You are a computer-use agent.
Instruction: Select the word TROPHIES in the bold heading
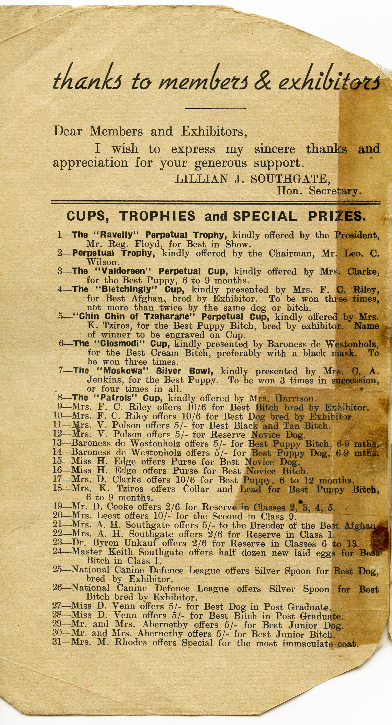157,216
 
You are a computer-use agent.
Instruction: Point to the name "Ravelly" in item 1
117,235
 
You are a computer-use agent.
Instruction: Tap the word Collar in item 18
196,489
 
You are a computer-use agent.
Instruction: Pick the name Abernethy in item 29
165,624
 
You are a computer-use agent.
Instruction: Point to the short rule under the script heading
215,108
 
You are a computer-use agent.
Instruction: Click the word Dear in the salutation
68,131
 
